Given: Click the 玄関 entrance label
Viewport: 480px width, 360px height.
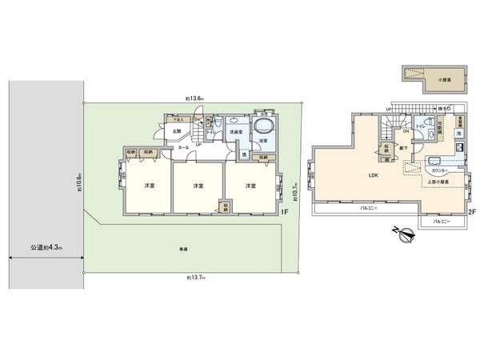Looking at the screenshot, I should click(x=176, y=132).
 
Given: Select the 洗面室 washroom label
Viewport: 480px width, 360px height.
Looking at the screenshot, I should click(x=237, y=131).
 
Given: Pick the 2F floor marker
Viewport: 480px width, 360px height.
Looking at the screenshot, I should click(x=471, y=211).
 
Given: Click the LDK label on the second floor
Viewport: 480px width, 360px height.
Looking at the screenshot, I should click(x=373, y=175).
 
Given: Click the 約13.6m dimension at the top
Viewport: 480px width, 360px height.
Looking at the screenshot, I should click(x=195, y=98).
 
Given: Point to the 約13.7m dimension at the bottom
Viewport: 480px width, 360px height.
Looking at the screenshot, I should click(x=195, y=278).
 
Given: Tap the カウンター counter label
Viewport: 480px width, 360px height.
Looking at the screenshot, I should click(x=439, y=170).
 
